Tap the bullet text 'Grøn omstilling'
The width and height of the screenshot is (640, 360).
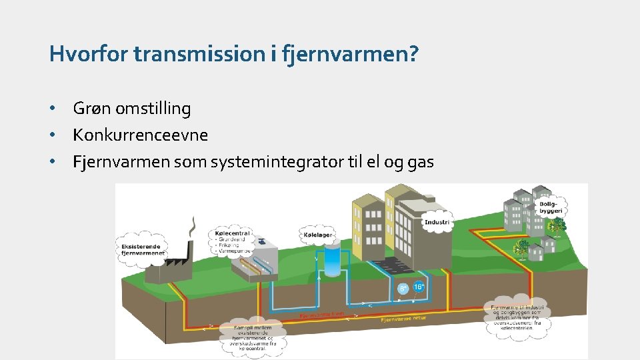(x=132, y=108)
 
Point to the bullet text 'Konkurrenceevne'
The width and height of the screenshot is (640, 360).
(x=141, y=135)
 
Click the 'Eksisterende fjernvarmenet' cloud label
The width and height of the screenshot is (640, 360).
(x=141, y=249)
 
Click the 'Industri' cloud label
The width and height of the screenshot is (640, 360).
(x=437, y=222)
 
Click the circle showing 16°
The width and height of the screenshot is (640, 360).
(x=419, y=287)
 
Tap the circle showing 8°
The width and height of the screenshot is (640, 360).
(x=403, y=289)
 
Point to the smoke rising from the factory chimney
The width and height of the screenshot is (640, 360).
(x=193, y=231)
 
